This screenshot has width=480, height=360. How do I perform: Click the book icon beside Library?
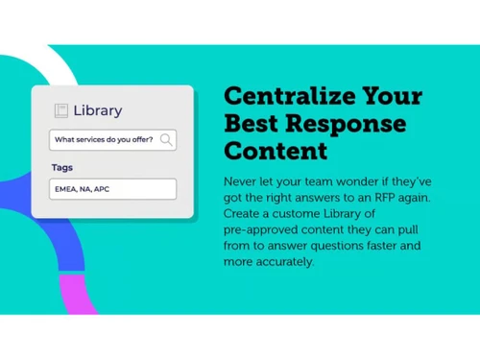tap(61, 110)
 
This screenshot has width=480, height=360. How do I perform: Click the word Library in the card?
tap(99, 110)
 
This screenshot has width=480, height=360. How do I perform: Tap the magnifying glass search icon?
tap(166, 140)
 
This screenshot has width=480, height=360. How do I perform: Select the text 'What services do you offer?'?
tap(104, 140)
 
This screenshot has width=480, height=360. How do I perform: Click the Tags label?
tap(61, 167)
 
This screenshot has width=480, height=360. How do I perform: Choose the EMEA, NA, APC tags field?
tap(112, 189)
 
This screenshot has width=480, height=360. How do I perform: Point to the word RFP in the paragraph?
tap(393, 197)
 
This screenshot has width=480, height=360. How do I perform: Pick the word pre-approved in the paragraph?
tap(260, 228)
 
